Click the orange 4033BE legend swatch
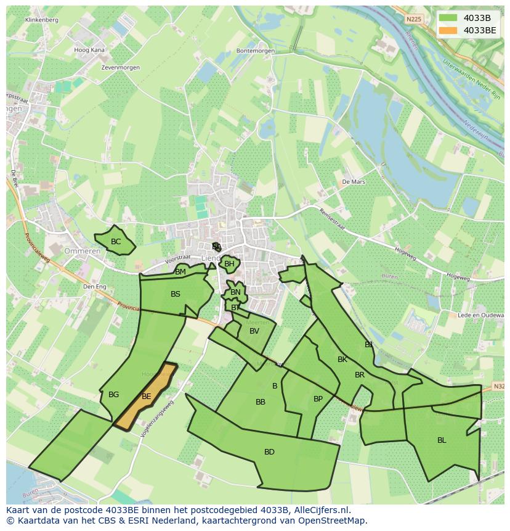[448, 30]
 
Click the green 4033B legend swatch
[448, 17]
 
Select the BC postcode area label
[116, 242]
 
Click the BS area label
[176, 294]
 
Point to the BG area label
[113, 395]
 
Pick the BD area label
[269, 452]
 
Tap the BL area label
[442, 440]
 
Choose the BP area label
[318, 399]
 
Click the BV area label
[254, 331]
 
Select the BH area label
[229, 264]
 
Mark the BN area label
[235, 292]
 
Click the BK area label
[342, 360]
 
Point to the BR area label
[360, 375]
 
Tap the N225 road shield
[415, 20]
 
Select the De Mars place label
[354, 183]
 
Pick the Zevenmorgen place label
[121, 67]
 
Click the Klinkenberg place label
[42, 20]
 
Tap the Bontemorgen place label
[255, 51]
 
